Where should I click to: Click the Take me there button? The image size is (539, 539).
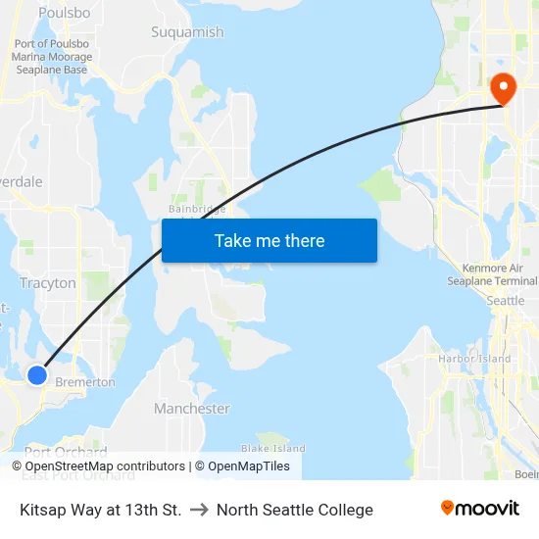[x=269, y=241]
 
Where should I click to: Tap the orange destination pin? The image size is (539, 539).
[x=504, y=89]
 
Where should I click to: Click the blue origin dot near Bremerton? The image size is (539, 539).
[x=37, y=374]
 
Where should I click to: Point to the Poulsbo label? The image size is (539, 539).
[x=65, y=13]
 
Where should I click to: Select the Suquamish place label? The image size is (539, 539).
[x=187, y=32]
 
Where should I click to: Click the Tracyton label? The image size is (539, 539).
[x=48, y=283]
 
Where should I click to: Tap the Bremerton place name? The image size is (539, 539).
[x=85, y=382]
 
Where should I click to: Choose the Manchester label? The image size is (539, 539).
[x=192, y=409]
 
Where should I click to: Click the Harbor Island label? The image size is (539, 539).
[x=474, y=359]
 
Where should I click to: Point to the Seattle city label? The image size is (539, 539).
[x=506, y=301]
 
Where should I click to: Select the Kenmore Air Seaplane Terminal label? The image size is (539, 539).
[x=499, y=274]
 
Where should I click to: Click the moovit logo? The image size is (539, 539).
[x=480, y=509]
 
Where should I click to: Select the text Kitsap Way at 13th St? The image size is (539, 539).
[x=100, y=510]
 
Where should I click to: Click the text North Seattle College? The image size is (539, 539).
[x=295, y=510]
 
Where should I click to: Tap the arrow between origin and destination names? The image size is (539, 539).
[x=199, y=510]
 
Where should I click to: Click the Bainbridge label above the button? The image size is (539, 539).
[x=197, y=209]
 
